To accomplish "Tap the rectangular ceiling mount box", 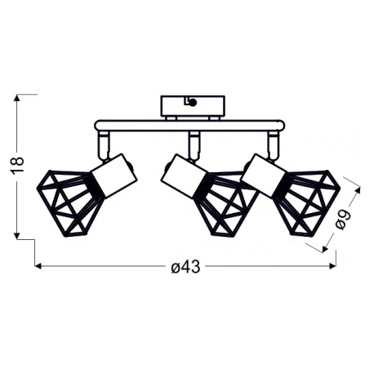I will tap(192, 106).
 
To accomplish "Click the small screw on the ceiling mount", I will tap(191, 101).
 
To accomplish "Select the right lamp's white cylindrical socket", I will tap(264, 174).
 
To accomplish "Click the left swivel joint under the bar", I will tap(104, 146).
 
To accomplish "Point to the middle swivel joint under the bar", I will tap(193, 145).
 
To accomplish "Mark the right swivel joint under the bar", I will tap(273, 145).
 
